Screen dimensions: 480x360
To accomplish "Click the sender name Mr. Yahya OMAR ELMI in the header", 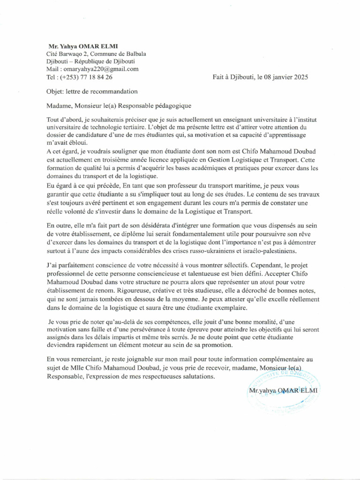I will (x=83, y=46).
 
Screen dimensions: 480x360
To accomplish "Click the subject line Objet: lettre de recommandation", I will (x=92, y=91).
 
